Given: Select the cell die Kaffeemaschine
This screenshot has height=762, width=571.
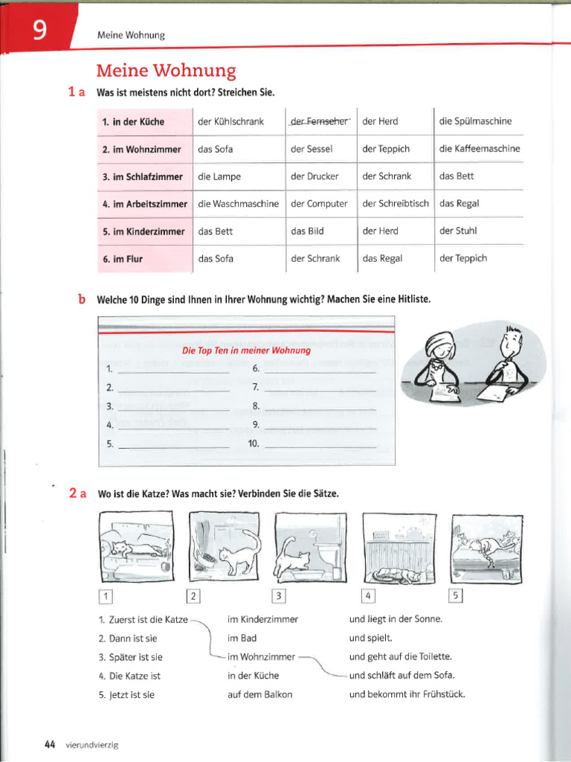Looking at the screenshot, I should [x=480, y=149].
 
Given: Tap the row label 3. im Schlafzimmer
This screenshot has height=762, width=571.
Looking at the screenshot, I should [x=142, y=177].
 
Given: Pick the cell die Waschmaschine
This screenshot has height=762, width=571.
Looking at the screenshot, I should [x=239, y=204].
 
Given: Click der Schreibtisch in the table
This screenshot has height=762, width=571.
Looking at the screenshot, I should [x=395, y=204].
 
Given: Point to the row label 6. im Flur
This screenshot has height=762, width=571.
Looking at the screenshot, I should [x=123, y=259].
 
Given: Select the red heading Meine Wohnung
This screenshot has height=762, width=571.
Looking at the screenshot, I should [x=166, y=71].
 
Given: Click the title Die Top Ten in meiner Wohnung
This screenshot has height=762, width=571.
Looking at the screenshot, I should [x=246, y=350].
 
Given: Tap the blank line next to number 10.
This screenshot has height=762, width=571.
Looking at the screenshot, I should [x=320, y=445].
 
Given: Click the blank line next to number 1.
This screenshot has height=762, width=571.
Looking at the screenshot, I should [x=173, y=370].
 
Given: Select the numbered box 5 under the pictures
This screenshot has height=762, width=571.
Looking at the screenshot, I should [x=457, y=595].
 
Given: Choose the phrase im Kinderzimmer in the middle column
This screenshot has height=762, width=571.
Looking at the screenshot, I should [x=262, y=619].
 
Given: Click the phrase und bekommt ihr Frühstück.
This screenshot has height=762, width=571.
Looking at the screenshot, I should [x=407, y=695].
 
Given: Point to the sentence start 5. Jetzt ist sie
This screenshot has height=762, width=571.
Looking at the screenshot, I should [x=126, y=695].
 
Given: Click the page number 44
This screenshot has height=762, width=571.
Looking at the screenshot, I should [x=51, y=744].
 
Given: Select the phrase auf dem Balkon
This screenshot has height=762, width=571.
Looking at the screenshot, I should [x=259, y=695].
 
